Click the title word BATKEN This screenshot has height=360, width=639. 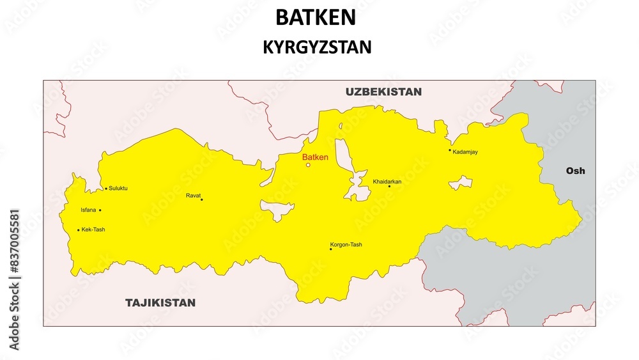pos(316,17)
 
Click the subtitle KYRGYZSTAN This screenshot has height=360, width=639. pos(317,47)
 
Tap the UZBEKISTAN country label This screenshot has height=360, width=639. pos(383,91)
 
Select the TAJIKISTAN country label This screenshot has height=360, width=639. pos(160,302)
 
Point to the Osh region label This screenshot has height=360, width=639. pos(575,171)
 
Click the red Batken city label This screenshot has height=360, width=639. pos(315,157)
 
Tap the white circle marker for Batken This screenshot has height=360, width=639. pos(308,165)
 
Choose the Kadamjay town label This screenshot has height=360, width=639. pos(465,152)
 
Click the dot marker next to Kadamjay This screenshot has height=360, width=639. pos(450,150)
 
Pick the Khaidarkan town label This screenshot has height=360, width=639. pos(387,182)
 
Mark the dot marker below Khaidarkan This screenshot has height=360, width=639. pos(389,186)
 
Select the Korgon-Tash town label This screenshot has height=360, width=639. pos(346,244)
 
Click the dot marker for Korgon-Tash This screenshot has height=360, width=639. pos(330,249)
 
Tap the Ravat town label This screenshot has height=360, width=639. pos(193,195)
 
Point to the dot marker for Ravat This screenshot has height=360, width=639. pos(202,200)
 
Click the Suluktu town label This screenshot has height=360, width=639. pos(118,189)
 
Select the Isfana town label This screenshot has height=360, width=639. pos(88,210)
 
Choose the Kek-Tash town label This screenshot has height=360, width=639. pos(93,229)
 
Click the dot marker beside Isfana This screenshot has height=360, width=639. pos(100,210)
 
